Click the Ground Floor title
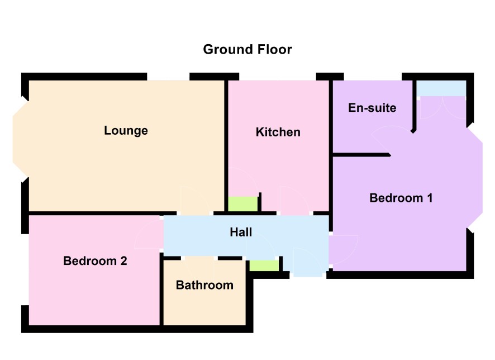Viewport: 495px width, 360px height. point(247,50)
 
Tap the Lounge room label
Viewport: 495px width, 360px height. point(126,130)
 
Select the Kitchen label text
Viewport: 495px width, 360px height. point(278,132)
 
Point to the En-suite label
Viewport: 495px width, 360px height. point(372,108)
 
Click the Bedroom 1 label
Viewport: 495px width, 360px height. point(401,198)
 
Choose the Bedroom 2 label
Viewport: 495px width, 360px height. point(95,261)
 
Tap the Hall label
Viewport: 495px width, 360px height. point(241,232)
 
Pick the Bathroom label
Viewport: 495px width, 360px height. point(204,285)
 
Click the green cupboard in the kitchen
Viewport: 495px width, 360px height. point(243,204)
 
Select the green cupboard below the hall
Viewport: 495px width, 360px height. point(264,266)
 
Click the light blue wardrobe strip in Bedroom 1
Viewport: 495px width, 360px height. point(441,88)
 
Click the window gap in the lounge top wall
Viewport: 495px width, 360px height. point(168,77)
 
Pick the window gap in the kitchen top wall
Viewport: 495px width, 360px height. point(278,77)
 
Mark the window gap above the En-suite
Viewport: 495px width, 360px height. point(373,77)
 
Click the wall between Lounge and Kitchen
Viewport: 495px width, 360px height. point(226,146)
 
